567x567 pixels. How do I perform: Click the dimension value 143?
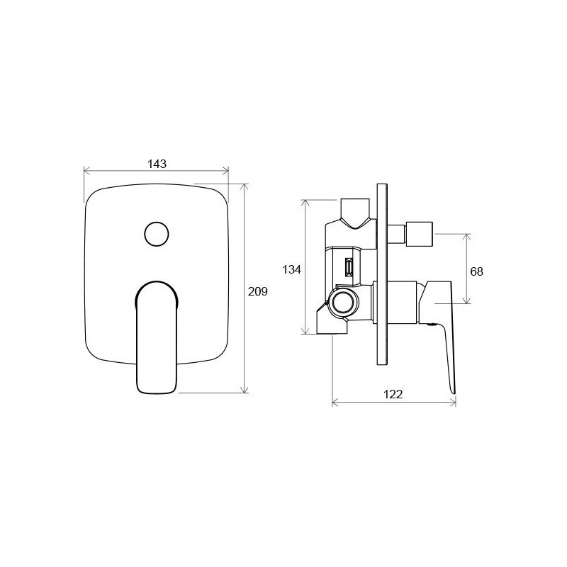click(x=157, y=164)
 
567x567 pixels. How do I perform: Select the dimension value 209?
click(x=257, y=291)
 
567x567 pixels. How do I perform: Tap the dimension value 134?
click(x=291, y=269)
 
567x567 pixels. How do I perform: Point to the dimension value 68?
click(x=476, y=271)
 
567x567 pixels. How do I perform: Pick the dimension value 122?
click(x=393, y=394)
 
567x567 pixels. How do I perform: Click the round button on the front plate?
click(x=157, y=234)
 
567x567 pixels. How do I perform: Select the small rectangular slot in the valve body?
click(x=349, y=267)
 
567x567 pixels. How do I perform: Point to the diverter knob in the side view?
click(x=419, y=234)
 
